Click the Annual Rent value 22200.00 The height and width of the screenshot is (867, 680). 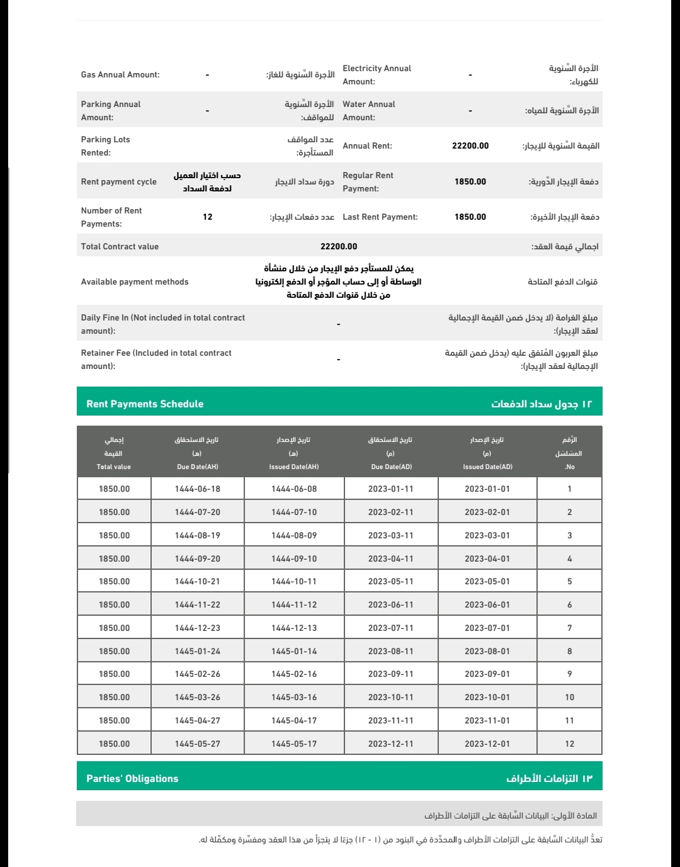click(470, 146)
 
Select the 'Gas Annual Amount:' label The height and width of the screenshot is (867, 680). click(120, 75)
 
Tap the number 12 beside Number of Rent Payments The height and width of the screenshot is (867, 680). click(208, 217)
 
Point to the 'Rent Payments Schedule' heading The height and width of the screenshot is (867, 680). click(145, 404)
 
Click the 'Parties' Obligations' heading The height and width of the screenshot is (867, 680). click(132, 779)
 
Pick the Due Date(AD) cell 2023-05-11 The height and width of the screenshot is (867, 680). click(391, 582)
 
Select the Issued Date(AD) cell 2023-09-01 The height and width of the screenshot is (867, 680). click(487, 674)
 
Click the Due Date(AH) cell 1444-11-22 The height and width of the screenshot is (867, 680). click(198, 605)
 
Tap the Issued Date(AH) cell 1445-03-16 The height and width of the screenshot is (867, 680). click(294, 698)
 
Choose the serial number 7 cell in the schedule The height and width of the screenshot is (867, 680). click(570, 628)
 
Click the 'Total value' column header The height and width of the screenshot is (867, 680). click(114, 467)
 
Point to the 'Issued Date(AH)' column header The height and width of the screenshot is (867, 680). click(294, 467)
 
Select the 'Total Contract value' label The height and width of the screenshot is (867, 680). click(120, 247)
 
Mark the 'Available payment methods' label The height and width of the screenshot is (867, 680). click(135, 282)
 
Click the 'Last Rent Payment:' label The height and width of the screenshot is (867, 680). click(380, 217)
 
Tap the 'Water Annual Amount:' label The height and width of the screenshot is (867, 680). click(369, 111)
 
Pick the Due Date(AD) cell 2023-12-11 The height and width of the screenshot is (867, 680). click(391, 744)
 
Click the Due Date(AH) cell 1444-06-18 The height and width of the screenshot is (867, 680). click(198, 489)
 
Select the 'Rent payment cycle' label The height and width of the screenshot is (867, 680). click(119, 182)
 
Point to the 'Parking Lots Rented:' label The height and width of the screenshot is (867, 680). click(106, 146)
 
